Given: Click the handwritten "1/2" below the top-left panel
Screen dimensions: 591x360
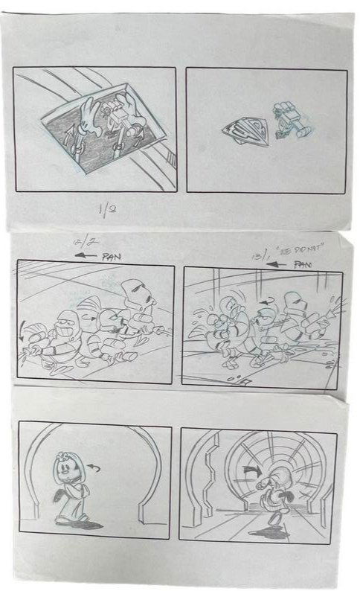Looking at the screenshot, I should point(106,211).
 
